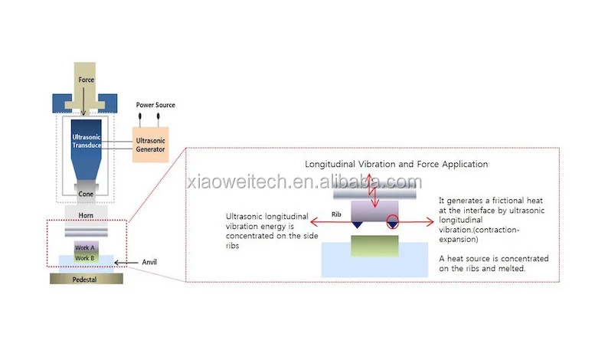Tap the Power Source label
click(x=155, y=105)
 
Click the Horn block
click(x=86, y=215)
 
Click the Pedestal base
click(x=86, y=279)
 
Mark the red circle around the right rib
click(x=394, y=224)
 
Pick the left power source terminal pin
click(x=142, y=116)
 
